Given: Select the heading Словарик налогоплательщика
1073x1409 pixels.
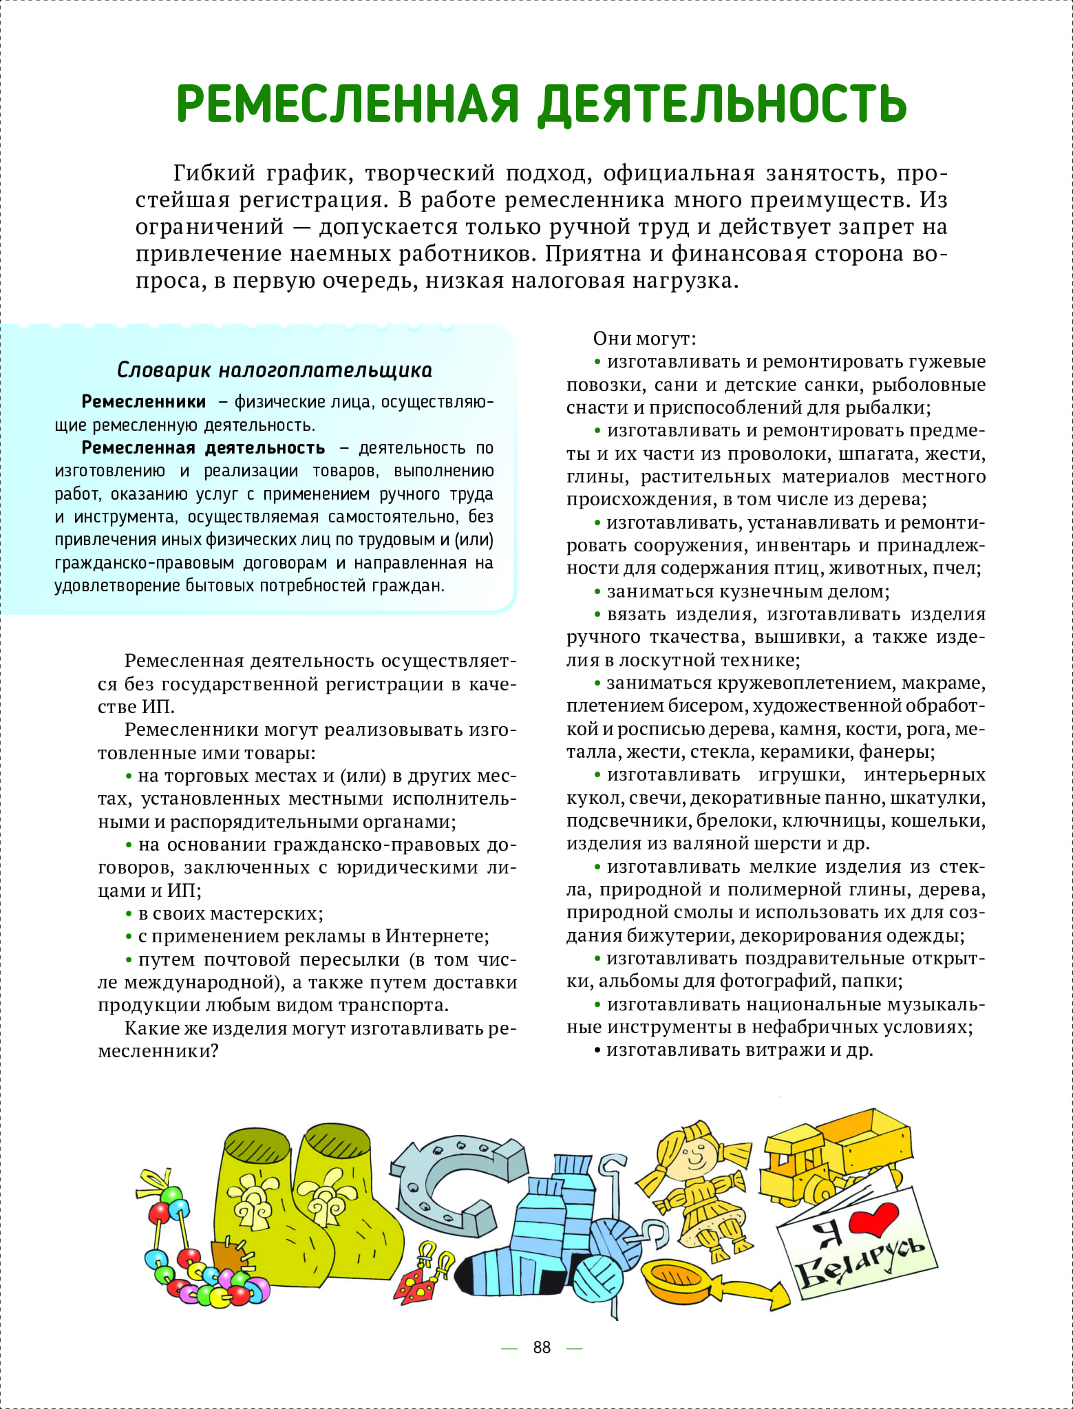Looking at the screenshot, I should tap(275, 370).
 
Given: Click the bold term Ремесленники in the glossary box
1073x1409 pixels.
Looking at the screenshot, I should tap(144, 402).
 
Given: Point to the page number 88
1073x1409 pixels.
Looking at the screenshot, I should tap(542, 1347).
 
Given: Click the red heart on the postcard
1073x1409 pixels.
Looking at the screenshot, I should tap(873, 1219).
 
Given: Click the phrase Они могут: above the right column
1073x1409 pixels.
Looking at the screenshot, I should tap(644, 339).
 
